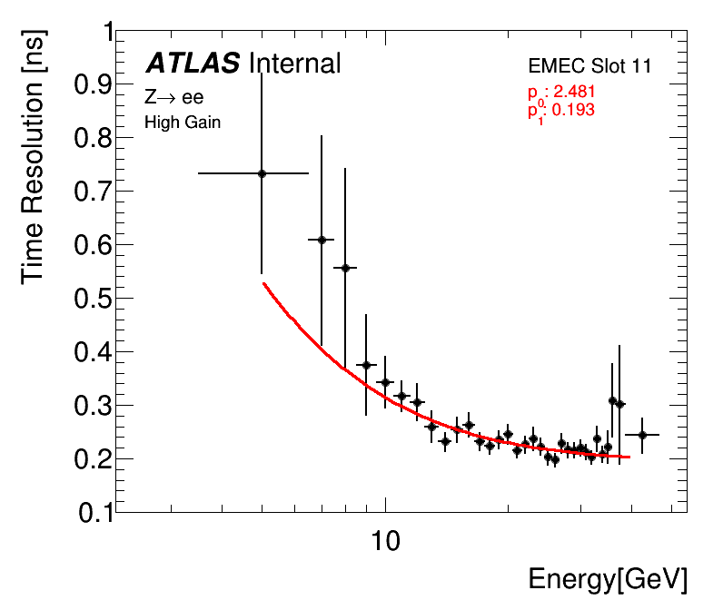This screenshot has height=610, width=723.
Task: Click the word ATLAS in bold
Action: point(193,63)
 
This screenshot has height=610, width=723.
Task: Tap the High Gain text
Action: point(183,122)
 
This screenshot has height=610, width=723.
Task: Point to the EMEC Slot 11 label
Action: point(589,66)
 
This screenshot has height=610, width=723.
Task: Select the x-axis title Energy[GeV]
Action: point(608,579)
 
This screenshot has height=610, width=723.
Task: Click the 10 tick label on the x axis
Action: point(386,542)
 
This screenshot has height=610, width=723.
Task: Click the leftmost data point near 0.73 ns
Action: point(262,173)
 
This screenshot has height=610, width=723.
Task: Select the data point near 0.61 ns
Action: point(321,240)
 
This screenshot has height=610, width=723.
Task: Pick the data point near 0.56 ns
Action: point(345,268)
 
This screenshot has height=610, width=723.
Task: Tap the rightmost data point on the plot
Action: point(642,435)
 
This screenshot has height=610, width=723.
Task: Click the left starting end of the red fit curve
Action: point(263,284)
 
